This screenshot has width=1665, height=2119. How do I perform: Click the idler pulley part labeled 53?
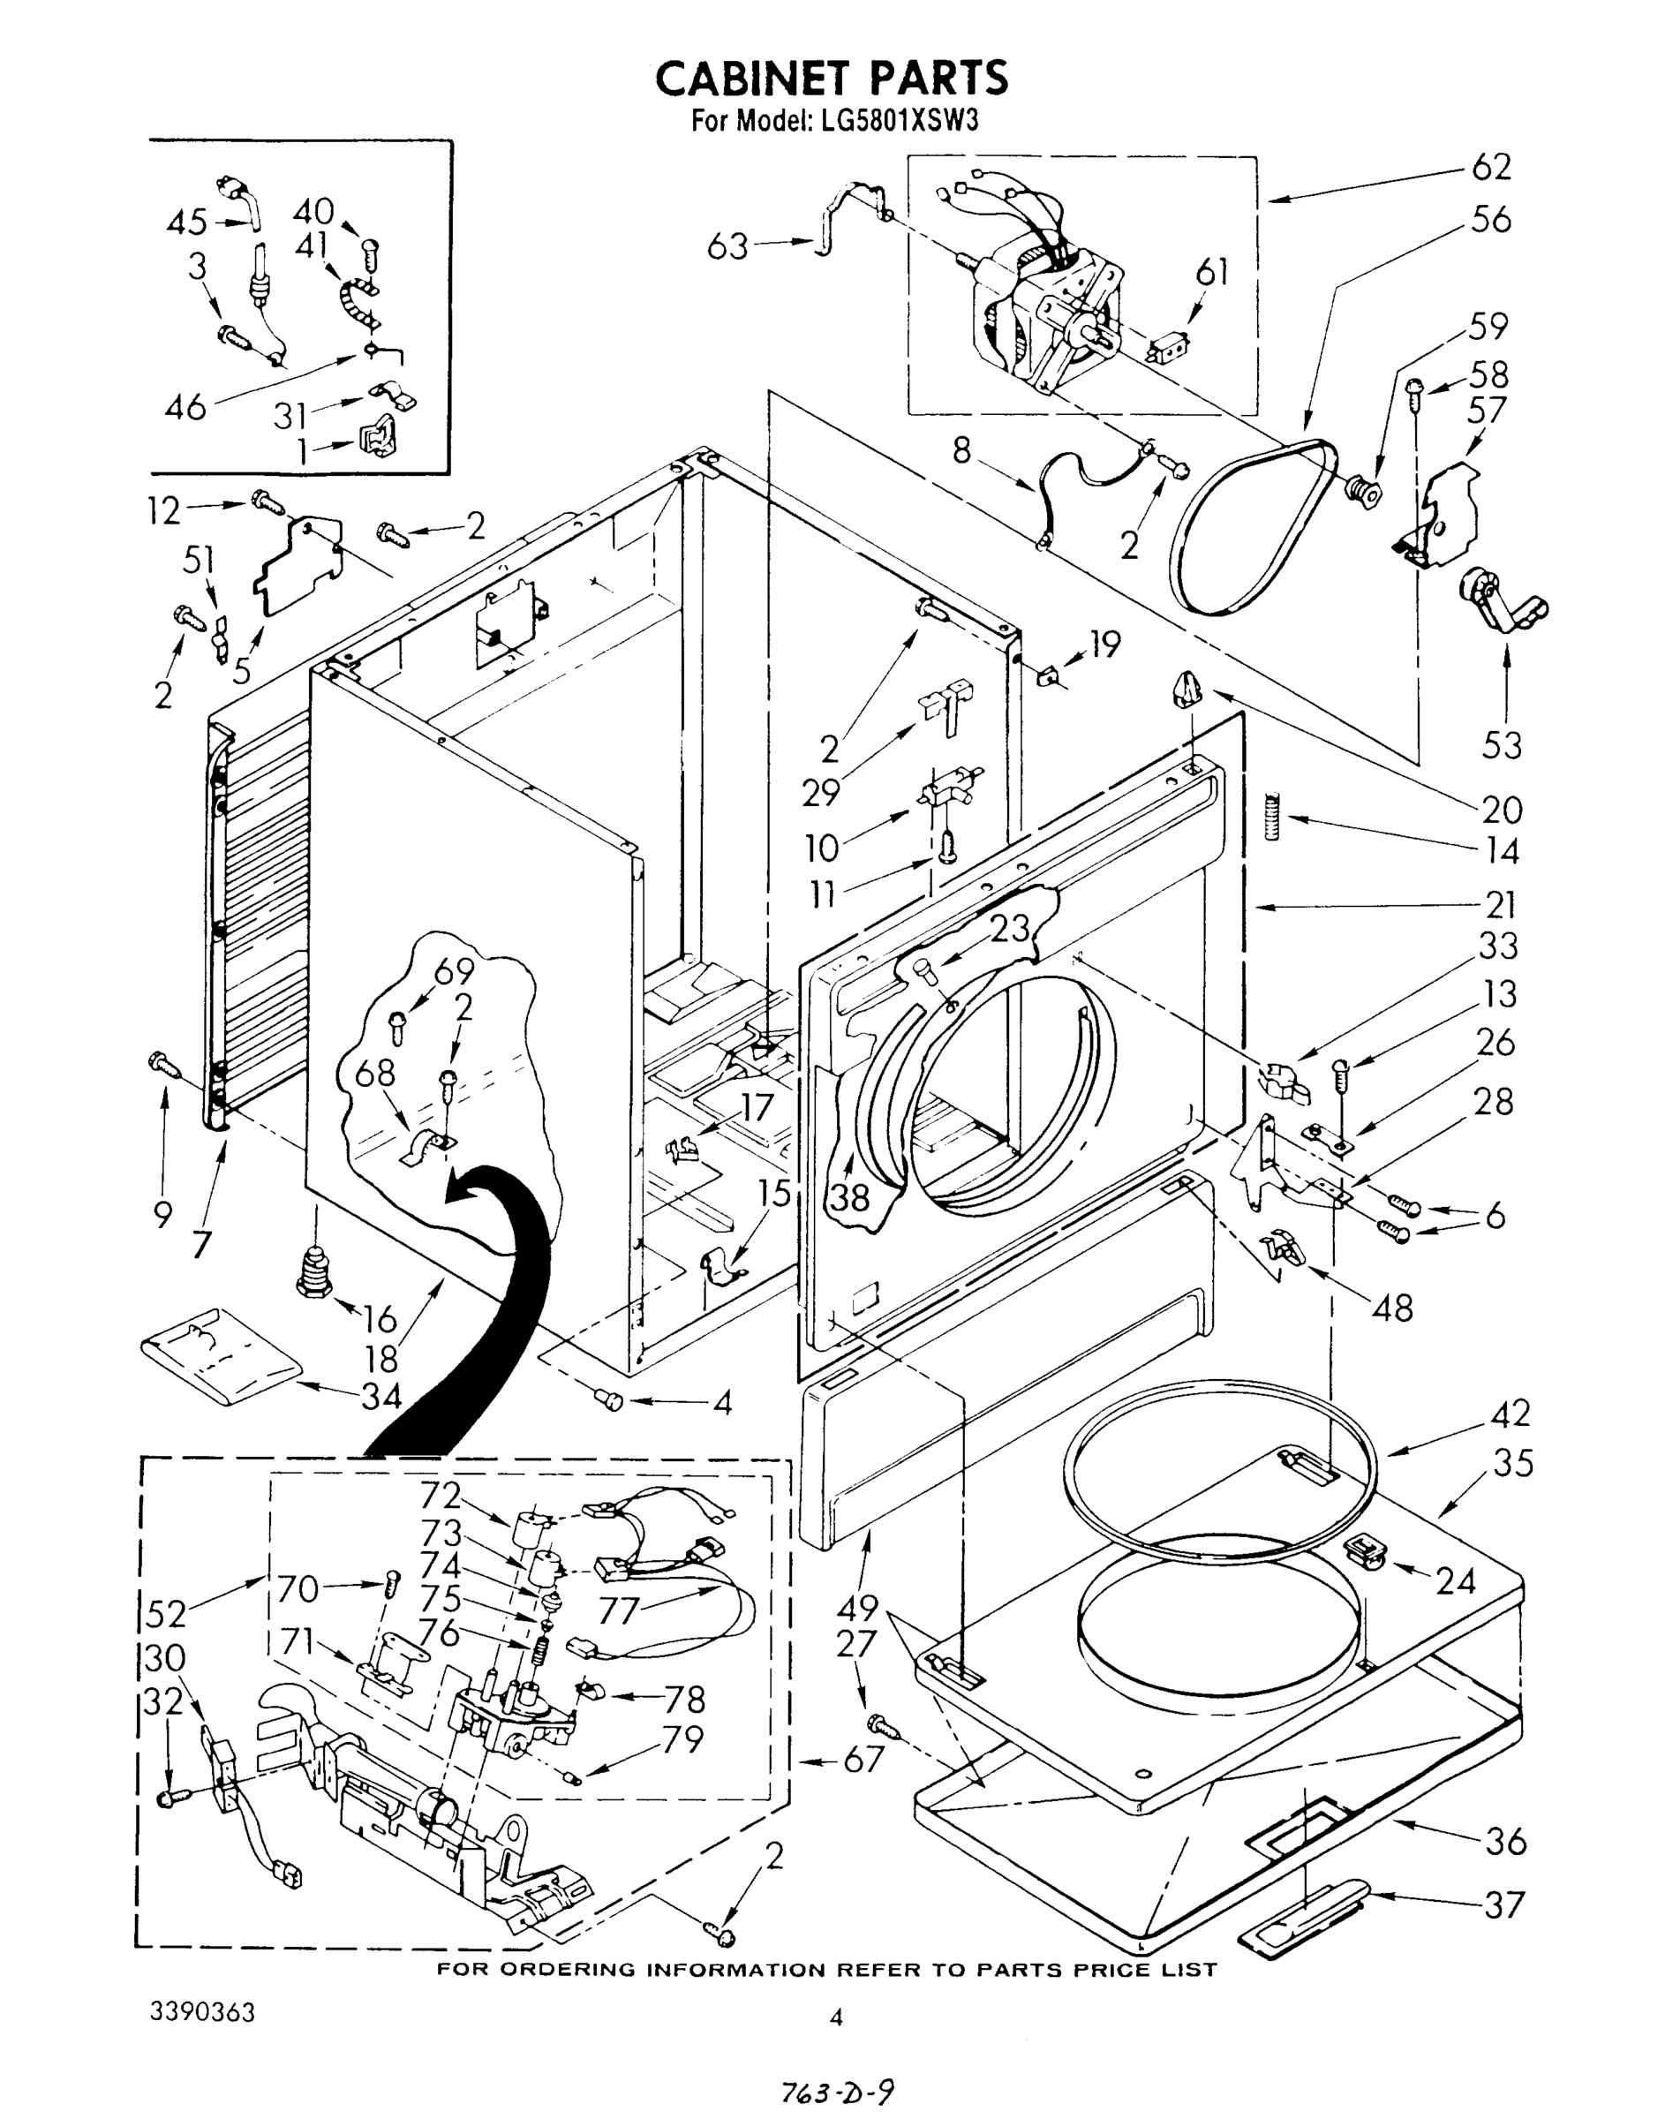pyautogui.click(x=1501, y=602)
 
